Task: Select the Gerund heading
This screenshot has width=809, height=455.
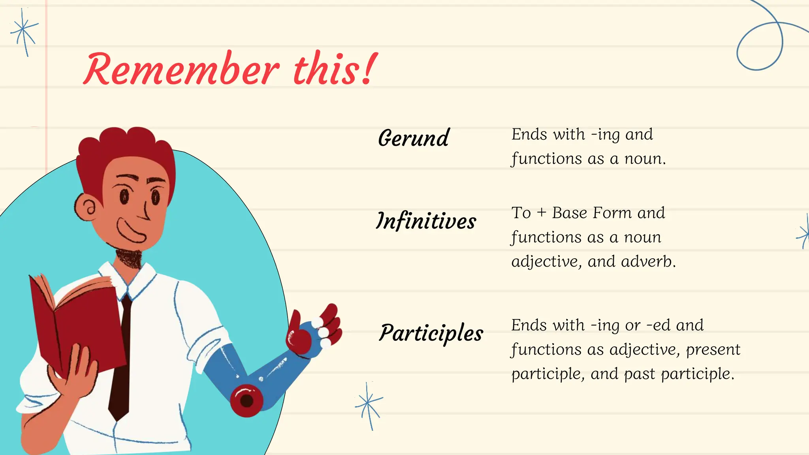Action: coord(413,138)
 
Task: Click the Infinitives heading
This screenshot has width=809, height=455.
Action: coord(426,221)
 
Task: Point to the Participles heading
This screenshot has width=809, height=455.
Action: coord(431,333)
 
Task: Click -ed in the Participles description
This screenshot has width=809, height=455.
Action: coord(658,325)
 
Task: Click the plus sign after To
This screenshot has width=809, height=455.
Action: coord(541,213)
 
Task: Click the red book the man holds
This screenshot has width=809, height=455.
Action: coord(79,324)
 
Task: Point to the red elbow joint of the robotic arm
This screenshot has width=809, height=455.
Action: coord(246,400)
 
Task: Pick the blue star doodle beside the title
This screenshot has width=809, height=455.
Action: coord(24,32)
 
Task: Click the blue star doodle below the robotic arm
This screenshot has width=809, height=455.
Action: coord(368,404)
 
